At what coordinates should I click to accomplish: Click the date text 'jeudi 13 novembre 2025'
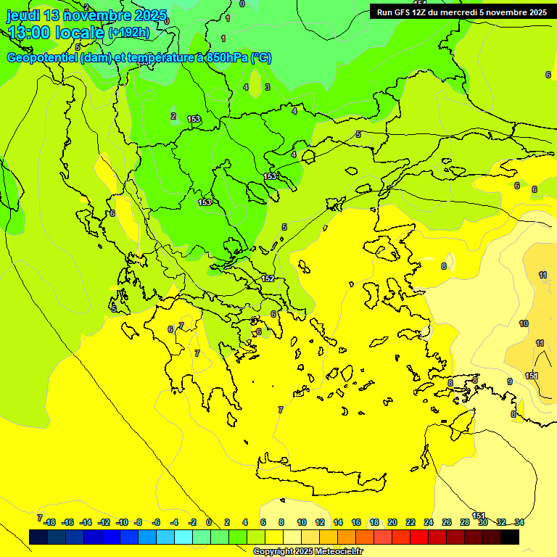86,15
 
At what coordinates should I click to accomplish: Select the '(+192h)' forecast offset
128,33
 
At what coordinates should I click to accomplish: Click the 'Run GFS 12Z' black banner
461,12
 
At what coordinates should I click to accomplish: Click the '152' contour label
268,278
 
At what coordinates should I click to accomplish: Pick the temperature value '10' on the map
524,323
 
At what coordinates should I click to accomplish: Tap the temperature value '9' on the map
510,381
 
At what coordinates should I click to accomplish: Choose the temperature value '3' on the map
268,87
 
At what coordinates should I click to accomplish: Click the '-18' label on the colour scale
49,522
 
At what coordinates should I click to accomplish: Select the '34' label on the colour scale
519,522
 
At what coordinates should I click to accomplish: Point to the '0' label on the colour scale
209,522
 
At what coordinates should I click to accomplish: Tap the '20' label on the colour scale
392,522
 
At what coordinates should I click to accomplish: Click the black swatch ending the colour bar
510,537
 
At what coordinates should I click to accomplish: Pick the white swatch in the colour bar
292,537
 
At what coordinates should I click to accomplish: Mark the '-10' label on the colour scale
122,522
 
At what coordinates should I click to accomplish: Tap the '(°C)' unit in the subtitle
261,58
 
